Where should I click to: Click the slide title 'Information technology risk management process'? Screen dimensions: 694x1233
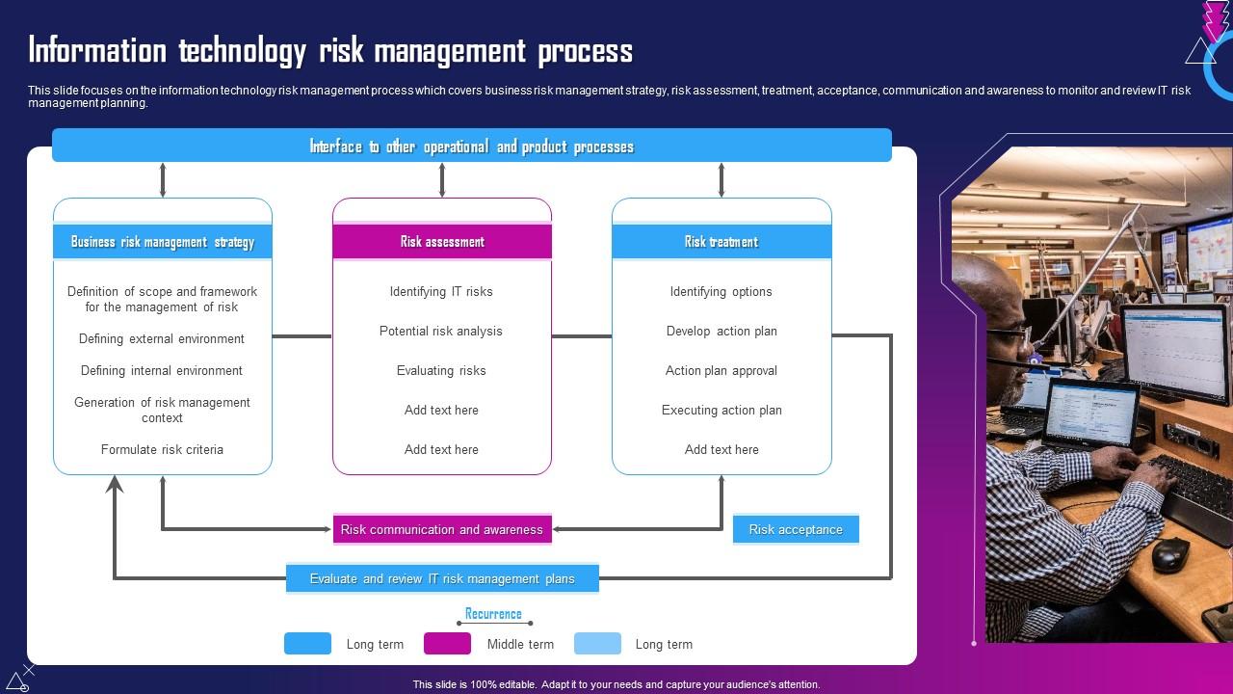point(330,50)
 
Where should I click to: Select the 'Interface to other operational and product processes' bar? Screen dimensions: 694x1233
point(471,147)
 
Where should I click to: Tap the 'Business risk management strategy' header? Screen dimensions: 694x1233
point(163,242)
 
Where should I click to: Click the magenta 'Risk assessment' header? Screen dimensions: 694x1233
point(442,242)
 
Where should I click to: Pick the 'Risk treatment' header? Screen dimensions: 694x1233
point(721,242)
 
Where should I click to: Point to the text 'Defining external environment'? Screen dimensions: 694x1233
point(162,338)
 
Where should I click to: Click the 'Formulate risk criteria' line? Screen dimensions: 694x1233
point(162,449)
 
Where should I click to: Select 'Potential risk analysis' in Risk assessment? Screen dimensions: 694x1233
point(441,331)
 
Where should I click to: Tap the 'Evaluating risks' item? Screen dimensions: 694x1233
point(441,370)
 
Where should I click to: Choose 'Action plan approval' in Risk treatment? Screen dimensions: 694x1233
point(721,370)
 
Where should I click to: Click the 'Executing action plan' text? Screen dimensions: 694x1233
point(721,410)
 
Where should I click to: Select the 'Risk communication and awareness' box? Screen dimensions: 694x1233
point(442,529)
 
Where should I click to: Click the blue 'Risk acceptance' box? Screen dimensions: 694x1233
point(796,529)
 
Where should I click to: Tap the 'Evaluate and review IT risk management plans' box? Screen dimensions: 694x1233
point(442,578)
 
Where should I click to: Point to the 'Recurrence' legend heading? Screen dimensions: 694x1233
point(493,614)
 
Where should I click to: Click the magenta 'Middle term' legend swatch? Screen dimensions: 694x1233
point(448,644)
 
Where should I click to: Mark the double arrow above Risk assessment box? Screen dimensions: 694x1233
point(442,180)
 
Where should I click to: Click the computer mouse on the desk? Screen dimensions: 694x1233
point(1170,553)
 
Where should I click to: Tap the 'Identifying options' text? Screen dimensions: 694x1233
point(721,291)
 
